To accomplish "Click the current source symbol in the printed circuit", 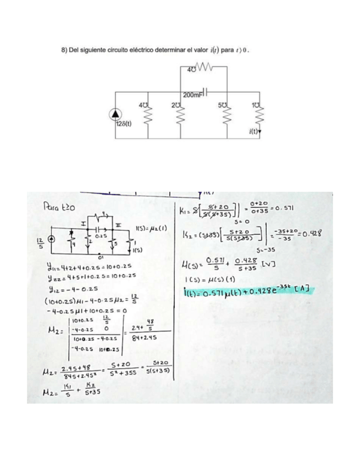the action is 115,114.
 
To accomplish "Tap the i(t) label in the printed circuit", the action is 256,132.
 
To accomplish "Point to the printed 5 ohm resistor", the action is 224,115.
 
